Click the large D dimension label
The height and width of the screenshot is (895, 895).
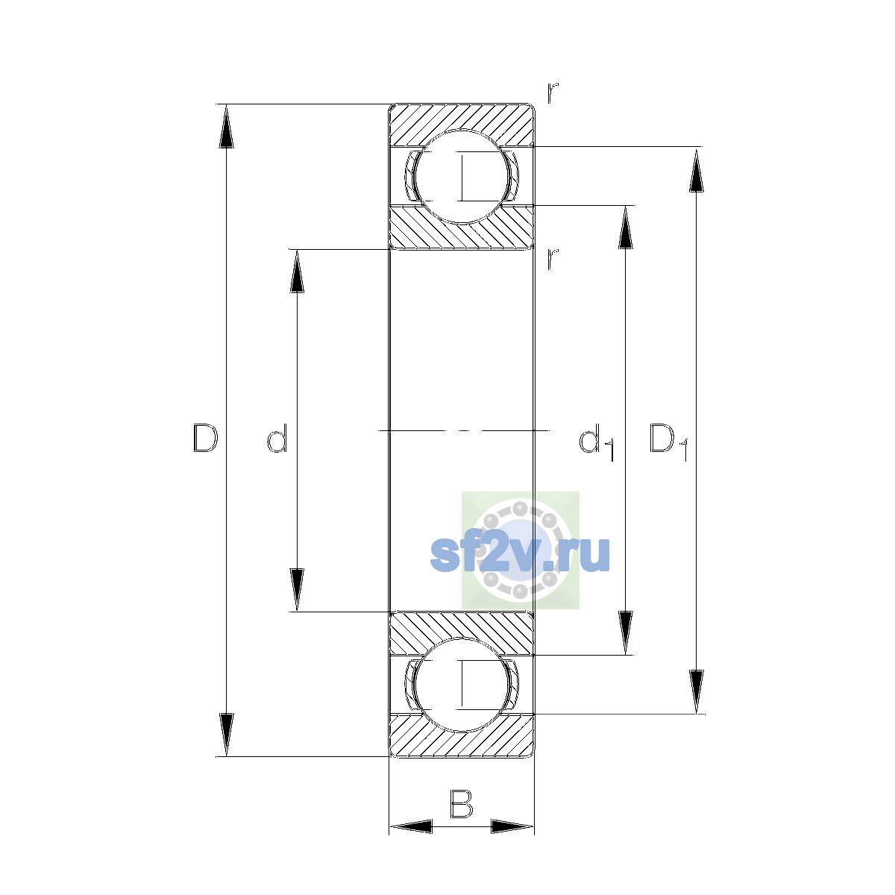pos(205,438)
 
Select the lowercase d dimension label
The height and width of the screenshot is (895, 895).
pos(277,438)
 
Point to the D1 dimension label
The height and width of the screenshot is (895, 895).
pos(668,442)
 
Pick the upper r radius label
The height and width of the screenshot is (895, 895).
pos(552,92)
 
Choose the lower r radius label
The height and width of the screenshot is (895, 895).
pos(552,259)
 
